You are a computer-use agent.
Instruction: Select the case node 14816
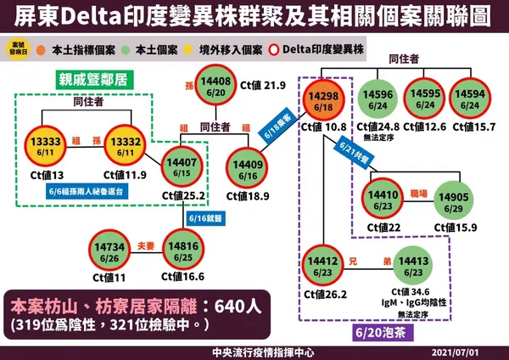[x=184, y=250]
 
